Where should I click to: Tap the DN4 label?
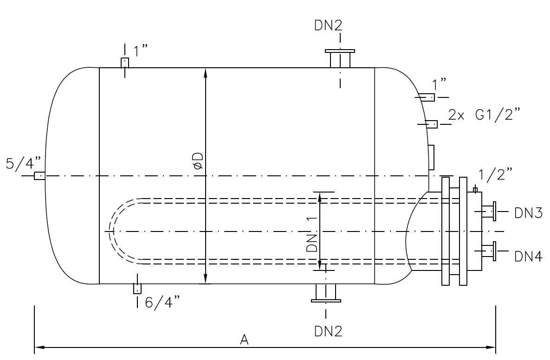(x=528, y=256)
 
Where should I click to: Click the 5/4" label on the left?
(x=23, y=163)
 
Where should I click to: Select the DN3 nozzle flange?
(x=495, y=212)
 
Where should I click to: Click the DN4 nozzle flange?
(x=495, y=251)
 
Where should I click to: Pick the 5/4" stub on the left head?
(x=40, y=176)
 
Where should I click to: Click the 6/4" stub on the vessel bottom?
(x=137, y=289)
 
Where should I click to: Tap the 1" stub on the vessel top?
(x=124, y=63)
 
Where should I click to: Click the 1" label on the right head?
(x=439, y=84)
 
